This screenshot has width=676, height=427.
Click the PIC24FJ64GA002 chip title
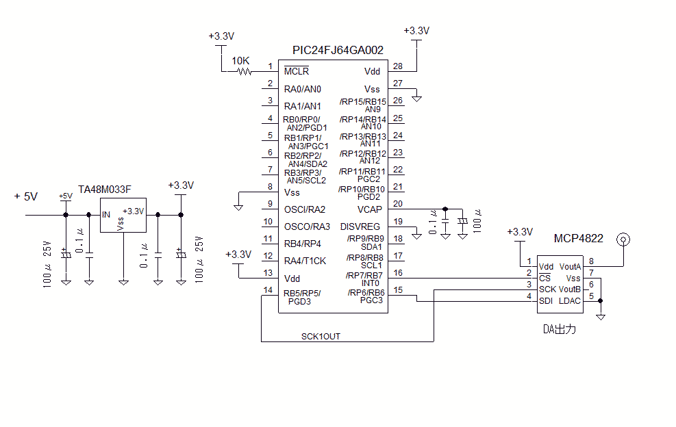click(338, 51)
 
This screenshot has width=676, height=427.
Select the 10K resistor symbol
click(243, 71)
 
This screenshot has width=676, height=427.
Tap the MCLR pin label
click(297, 71)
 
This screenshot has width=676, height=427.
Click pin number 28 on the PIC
click(398, 66)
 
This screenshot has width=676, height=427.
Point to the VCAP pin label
click(370, 209)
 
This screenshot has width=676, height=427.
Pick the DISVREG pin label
click(360, 227)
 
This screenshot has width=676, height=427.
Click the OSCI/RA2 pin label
click(305, 209)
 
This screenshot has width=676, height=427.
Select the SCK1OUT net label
click(321, 336)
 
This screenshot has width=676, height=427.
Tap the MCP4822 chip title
click(579, 238)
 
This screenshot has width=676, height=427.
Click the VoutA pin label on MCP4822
click(570, 267)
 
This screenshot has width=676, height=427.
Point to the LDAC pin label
click(570, 300)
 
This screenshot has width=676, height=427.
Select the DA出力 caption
click(560, 329)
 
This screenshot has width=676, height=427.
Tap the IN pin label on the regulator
click(106, 214)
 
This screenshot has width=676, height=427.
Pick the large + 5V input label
click(25, 196)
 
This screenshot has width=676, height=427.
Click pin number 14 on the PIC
click(267, 290)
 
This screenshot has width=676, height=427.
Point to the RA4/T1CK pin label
click(305, 261)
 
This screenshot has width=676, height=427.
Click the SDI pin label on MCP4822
click(546, 300)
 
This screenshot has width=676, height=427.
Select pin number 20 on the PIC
click(398, 204)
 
